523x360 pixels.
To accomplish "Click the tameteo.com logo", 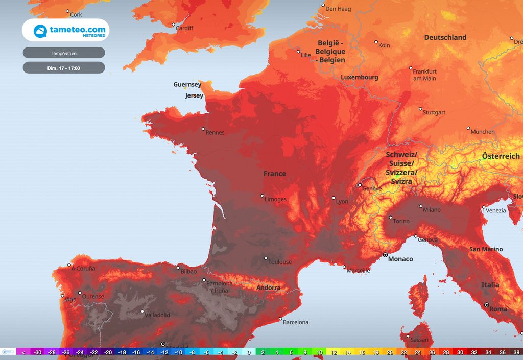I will (x=65, y=30).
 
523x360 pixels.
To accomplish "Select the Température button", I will (x=64, y=53).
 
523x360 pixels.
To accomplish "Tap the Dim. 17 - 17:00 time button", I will (x=64, y=67).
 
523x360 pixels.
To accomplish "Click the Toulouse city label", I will (x=280, y=262).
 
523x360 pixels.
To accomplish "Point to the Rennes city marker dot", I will (x=203, y=129).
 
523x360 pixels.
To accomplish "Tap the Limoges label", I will (x=276, y=199).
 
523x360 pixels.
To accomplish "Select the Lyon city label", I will (x=342, y=202).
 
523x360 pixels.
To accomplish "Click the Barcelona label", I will (x=296, y=322).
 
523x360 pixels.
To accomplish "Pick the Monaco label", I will (x=400, y=259).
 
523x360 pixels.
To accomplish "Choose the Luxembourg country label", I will (x=360, y=77).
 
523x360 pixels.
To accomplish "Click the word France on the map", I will (x=275, y=174).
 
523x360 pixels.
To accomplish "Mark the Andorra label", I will (x=268, y=287).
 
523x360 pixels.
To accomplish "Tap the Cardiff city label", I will (x=184, y=28).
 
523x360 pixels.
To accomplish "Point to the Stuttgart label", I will (x=434, y=112).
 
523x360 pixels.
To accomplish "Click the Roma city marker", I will (x=487, y=305).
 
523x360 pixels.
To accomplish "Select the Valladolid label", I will (x=157, y=315).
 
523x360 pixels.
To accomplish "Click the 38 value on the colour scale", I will (x=516, y=352).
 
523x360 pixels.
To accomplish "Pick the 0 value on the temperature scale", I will (x=249, y=352).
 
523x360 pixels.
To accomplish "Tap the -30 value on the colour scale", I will (x=37, y=352).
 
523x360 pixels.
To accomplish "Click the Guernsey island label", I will (x=187, y=84).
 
